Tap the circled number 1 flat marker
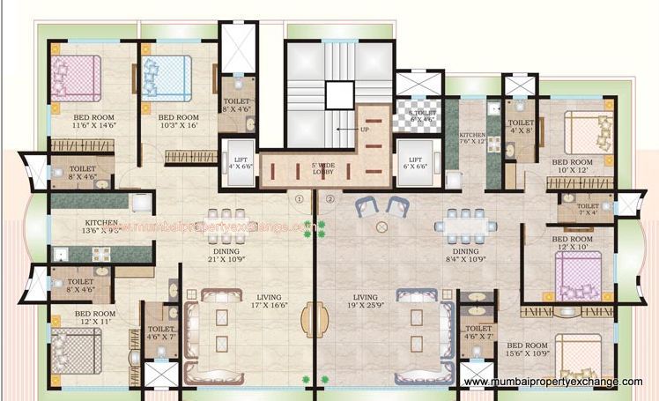point(300,199)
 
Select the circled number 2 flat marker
point(329,199)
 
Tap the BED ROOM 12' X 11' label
point(94,318)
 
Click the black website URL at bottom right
point(552,382)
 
